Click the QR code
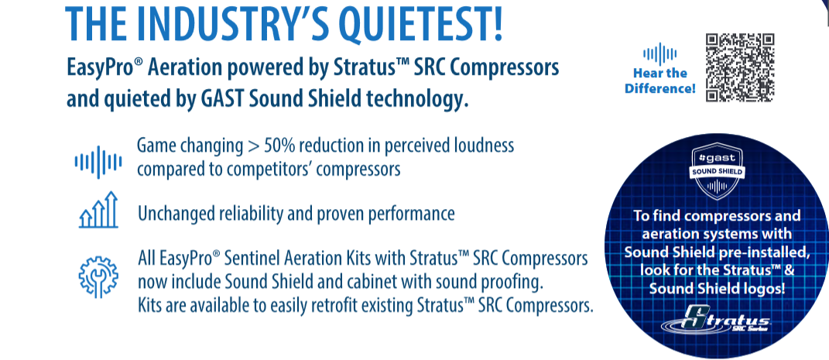(x=740, y=67)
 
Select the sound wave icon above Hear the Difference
(x=659, y=54)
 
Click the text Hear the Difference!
(x=659, y=81)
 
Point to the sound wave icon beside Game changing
(x=98, y=162)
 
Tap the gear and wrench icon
(x=98, y=276)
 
